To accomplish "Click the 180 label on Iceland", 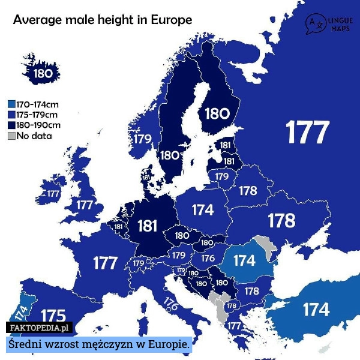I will pos(43,74).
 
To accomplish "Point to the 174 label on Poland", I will pos(203,210).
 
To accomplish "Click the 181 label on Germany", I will pos(148,226).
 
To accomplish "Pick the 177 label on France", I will pos(104,263).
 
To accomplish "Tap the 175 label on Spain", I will pos(53,316).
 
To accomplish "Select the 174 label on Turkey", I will pos(316,310).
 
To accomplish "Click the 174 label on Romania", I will pos(244,261).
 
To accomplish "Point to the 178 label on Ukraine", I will pos(281,221).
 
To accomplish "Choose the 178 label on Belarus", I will pos(248,191).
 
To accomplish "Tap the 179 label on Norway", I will pos(142,139).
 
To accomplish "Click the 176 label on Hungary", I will pos(208,258).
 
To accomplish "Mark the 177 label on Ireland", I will pos(53,194).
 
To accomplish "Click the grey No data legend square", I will pos(11,136).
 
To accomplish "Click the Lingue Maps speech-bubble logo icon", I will pos(314,23).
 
